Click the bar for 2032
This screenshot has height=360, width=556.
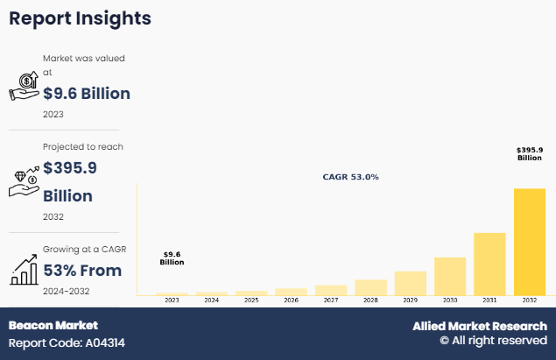[530, 242]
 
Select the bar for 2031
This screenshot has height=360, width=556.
[489, 264]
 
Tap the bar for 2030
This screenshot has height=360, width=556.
[450, 276]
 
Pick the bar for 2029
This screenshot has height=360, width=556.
[410, 283]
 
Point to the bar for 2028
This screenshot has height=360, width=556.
[370, 287]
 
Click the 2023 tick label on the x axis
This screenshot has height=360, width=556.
[172, 300]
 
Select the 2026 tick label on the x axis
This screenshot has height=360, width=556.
[291, 300]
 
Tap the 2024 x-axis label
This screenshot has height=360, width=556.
[211, 300]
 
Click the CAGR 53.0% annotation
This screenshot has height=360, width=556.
[351, 177]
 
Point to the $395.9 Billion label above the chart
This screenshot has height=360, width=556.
[530, 154]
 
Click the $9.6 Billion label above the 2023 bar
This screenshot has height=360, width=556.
[172, 258]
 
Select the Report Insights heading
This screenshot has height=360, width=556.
[80, 18]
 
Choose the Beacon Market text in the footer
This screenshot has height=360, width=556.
[53, 326]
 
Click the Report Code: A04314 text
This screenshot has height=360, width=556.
[67, 342]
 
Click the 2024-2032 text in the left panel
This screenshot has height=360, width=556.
[67, 291]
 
